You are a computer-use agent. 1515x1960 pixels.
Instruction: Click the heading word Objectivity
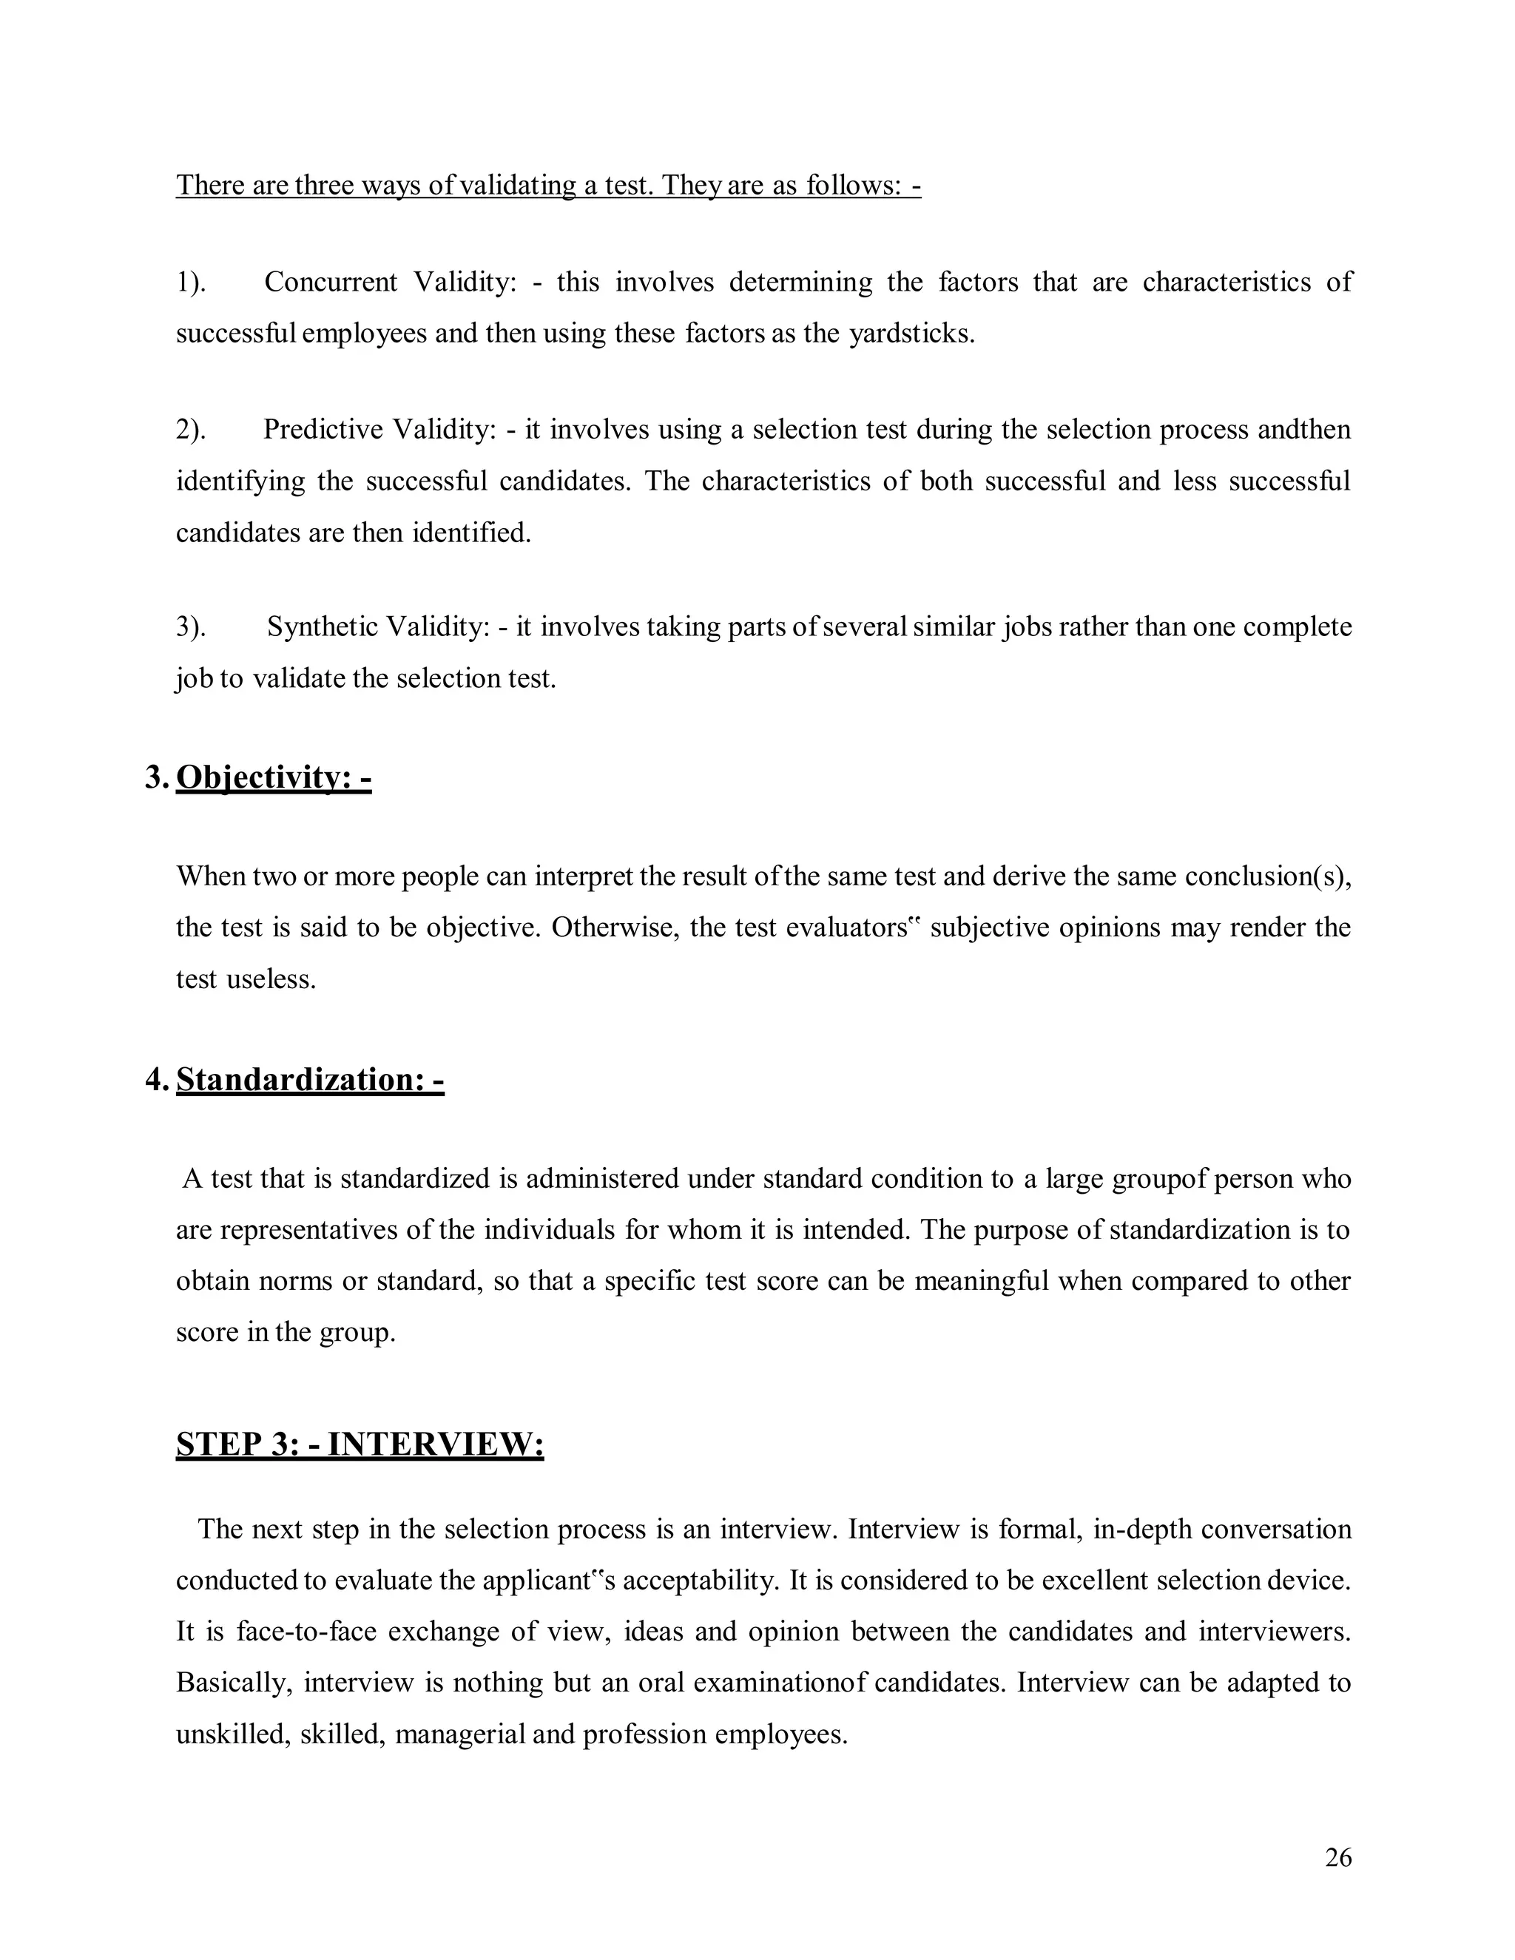click(x=261, y=777)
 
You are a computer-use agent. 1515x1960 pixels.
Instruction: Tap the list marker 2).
click(x=190, y=430)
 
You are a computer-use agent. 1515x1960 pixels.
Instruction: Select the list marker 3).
click(x=190, y=626)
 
